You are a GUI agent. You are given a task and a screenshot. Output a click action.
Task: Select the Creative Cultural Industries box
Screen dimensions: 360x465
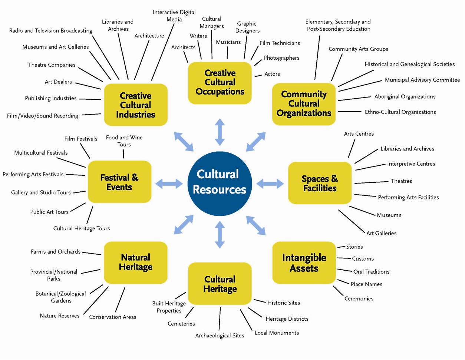(x=136, y=105)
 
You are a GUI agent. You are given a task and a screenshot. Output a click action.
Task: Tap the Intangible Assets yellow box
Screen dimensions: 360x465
(x=304, y=262)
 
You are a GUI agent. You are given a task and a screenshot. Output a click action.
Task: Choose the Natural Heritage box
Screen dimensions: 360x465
(x=136, y=262)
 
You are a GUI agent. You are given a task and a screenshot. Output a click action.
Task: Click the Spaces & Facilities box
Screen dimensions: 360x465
(x=320, y=183)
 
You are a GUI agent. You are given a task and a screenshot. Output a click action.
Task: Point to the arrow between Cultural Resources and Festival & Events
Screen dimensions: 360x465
(x=169, y=183)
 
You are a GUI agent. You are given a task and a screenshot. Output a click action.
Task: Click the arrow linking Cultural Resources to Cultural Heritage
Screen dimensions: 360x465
(x=220, y=234)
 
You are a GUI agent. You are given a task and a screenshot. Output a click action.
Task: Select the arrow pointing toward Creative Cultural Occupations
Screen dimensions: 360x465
(x=220, y=132)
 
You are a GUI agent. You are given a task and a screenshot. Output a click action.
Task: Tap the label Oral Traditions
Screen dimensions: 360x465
(x=371, y=272)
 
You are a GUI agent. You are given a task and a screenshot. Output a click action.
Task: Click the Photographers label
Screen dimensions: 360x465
(x=281, y=58)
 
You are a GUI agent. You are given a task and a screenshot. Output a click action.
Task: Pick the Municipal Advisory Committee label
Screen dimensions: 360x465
(x=422, y=80)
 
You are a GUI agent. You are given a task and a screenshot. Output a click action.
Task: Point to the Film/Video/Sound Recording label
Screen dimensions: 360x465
(x=43, y=116)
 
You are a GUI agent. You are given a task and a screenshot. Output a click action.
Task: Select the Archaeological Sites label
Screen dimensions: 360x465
(x=220, y=336)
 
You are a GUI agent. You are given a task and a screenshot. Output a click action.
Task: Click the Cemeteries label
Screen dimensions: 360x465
(x=181, y=324)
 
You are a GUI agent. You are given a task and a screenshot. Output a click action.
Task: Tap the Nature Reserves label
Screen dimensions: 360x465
(x=60, y=316)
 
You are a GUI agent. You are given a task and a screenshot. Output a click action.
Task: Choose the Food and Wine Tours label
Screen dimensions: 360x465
(x=124, y=141)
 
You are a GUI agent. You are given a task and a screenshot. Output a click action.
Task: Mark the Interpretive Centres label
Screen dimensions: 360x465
(x=411, y=164)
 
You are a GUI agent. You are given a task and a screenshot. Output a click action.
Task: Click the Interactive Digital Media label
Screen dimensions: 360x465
(x=174, y=16)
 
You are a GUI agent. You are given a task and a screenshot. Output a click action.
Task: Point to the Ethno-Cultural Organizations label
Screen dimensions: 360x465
(x=400, y=112)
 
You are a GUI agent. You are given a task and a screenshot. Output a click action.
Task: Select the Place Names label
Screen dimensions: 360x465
(x=366, y=284)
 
